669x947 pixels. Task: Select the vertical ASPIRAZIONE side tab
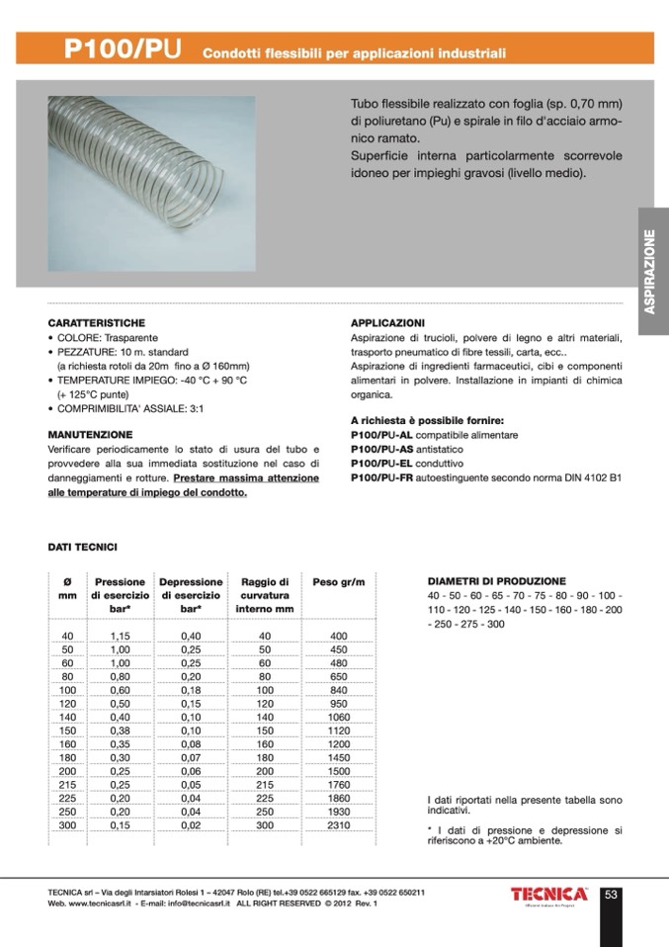click(652, 271)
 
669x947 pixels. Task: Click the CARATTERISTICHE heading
click(97, 322)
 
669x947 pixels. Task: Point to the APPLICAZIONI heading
click(388, 322)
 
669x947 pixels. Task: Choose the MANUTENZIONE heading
click(90, 434)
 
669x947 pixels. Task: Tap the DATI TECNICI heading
click(83, 545)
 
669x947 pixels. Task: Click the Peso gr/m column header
click(338, 582)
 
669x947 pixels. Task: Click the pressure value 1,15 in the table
click(120, 636)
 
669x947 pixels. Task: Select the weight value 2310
click(339, 824)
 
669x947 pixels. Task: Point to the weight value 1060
click(339, 717)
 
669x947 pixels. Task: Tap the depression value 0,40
click(191, 636)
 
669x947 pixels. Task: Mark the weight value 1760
click(339, 784)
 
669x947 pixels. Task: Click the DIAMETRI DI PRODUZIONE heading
click(496, 581)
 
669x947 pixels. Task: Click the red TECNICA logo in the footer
click(550, 894)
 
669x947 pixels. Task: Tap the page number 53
click(611, 895)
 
